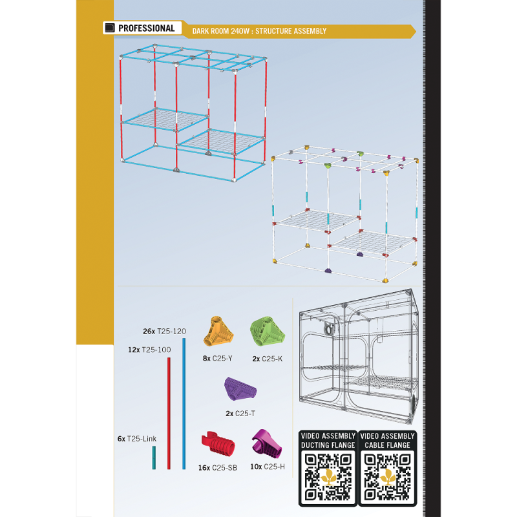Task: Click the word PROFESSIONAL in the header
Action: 147,28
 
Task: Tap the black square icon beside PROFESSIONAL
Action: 110,28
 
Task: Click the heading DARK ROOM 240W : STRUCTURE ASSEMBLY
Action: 259,31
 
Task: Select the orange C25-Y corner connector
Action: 218,332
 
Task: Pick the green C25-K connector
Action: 268,332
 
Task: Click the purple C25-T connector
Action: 240,389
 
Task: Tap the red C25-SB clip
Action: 218,443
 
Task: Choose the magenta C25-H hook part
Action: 267,443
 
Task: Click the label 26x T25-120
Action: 164,332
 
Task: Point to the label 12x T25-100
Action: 149,350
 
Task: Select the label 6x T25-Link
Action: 137,439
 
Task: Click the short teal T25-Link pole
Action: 154,458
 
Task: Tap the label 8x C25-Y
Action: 218,359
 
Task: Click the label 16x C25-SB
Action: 218,468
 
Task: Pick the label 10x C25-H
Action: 268,467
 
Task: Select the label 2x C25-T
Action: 240,414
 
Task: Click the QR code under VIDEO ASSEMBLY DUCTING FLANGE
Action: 328,477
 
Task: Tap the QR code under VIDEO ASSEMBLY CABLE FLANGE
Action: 387,477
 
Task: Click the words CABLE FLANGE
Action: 387,445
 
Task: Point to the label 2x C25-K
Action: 268,359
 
